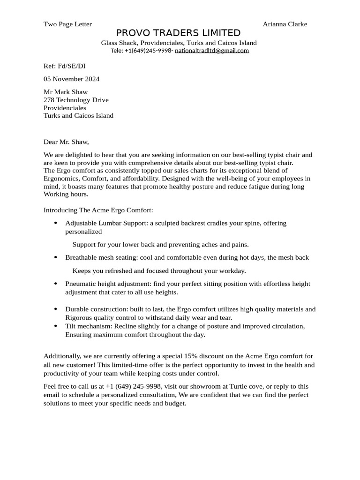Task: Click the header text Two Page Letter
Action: click(67, 24)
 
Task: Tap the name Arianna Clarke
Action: click(285, 24)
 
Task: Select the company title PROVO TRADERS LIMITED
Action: click(178, 33)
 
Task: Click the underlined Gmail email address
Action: click(212, 51)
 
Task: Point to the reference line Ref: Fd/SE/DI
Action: click(64, 66)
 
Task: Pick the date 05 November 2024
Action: click(71, 79)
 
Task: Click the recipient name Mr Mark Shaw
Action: click(66, 92)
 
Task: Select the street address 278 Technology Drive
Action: click(76, 100)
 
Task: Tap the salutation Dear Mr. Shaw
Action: click(66, 142)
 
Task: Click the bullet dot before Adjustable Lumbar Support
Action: click(56, 223)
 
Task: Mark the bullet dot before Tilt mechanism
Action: click(56, 326)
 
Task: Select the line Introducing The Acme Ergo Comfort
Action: click(98, 210)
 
